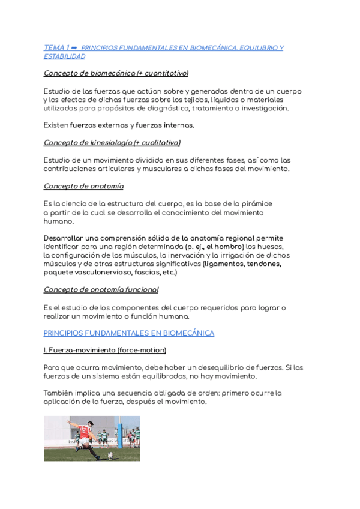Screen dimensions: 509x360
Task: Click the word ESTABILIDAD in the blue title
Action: point(64,56)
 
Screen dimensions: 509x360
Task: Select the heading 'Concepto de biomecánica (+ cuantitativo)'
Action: point(116,73)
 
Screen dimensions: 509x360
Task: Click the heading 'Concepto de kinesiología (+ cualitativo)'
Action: point(112,143)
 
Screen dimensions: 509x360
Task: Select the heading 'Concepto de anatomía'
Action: point(83,186)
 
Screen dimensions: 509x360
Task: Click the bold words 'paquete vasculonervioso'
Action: point(90,272)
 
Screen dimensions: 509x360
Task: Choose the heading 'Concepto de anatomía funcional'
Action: point(101,289)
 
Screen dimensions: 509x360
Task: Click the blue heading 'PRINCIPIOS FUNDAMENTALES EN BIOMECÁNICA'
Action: point(128,333)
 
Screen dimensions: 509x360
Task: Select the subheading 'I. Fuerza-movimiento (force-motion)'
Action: point(105,350)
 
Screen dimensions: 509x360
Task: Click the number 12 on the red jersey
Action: point(84,430)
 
